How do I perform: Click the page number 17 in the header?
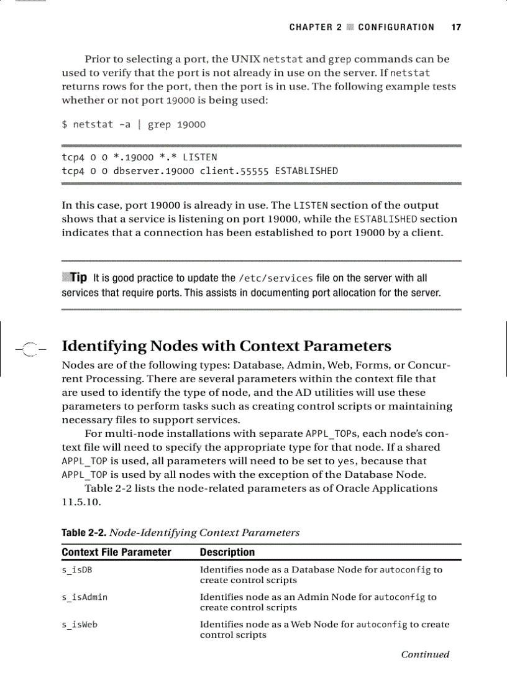coord(456,27)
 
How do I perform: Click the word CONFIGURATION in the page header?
coord(396,27)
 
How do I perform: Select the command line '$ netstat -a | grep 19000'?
coord(134,124)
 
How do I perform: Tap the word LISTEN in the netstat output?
coord(199,157)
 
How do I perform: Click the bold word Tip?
coord(78,277)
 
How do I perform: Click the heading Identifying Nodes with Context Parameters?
coord(227,346)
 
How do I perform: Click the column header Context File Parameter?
coord(116,552)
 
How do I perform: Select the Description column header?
coord(227,552)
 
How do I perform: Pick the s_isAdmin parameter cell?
coord(84,597)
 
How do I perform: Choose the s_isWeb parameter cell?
coord(80,625)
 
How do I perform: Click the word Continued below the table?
coord(425,654)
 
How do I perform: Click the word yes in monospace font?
coord(345,461)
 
